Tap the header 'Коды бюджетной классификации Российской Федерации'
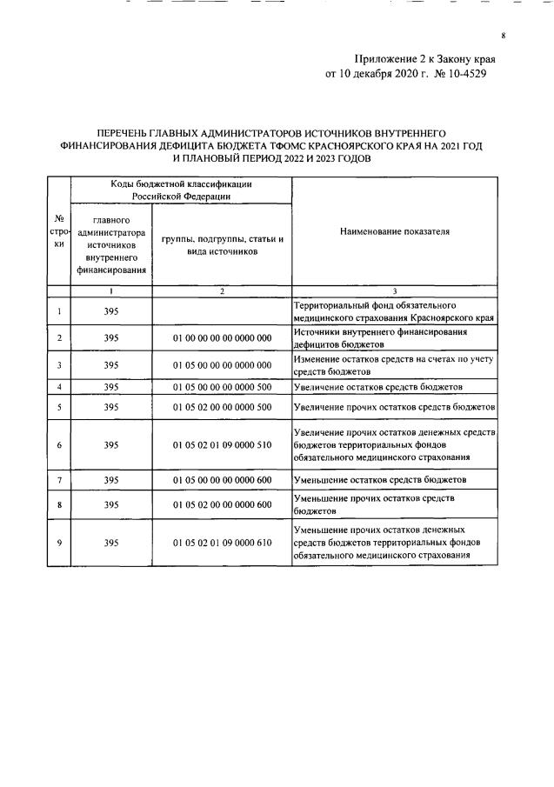tap(181, 190)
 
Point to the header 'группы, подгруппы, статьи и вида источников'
tap(223, 244)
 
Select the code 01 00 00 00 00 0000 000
tap(223, 337)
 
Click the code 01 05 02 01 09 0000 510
tap(223, 444)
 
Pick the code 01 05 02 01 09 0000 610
tap(223, 543)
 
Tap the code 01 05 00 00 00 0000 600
tap(223, 479)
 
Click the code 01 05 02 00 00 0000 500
tap(223, 406)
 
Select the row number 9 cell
tap(59, 543)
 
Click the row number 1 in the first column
tap(59, 311)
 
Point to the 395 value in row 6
tap(110, 444)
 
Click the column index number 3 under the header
tap(394, 291)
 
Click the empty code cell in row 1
tap(223, 311)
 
